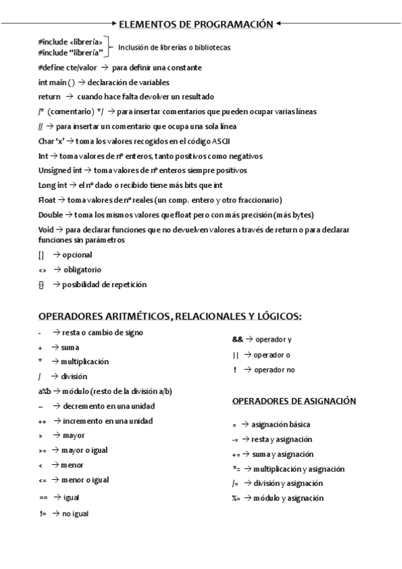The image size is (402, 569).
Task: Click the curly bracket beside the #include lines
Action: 109,47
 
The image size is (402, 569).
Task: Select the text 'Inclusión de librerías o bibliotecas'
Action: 174,48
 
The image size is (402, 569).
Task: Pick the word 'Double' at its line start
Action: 50,215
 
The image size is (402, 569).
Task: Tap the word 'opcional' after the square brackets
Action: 77,255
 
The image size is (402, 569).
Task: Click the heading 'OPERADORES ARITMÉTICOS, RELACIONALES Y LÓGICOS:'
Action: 170,316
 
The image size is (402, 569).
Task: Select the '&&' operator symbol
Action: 228,339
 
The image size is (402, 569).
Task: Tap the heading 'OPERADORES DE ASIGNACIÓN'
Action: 294,401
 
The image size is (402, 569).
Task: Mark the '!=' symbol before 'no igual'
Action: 42,513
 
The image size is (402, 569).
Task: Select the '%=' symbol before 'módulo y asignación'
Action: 236,498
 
